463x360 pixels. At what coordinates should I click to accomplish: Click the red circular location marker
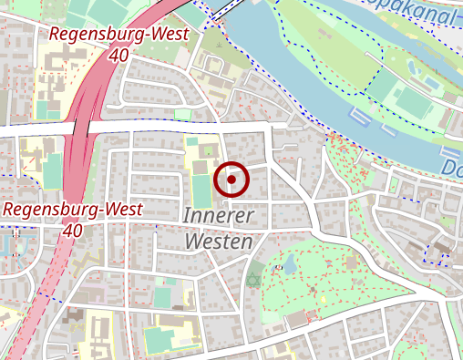point(231,180)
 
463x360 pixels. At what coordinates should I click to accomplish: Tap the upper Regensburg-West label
point(118,35)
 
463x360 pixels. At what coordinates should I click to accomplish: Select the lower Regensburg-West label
point(73,210)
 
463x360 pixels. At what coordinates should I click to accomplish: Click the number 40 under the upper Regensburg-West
point(117,55)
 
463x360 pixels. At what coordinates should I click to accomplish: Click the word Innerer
point(221,217)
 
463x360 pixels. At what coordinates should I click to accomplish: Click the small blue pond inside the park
point(290,265)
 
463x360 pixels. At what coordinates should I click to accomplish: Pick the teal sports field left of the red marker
point(201,190)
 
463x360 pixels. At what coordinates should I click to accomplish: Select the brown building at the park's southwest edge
point(298,320)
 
